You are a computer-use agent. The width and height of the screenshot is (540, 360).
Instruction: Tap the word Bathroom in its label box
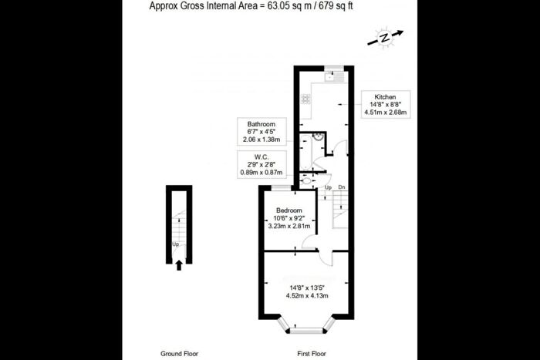[x=261, y=123]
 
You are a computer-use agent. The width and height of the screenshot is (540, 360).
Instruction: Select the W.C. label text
[x=262, y=156]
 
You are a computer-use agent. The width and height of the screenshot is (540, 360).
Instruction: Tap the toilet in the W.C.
[x=305, y=182]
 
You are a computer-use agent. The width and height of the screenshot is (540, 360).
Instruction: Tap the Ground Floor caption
[x=179, y=353]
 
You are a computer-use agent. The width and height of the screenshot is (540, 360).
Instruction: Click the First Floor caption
[x=315, y=353]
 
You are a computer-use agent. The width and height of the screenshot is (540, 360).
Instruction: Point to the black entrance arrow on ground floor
[x=180, y=266]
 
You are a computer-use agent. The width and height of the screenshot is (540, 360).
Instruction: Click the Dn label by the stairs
[x=341, y=187]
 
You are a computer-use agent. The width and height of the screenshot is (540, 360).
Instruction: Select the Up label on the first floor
[x=328, y=187]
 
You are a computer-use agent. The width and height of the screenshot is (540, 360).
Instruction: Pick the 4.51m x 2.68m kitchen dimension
[x=386, y=113]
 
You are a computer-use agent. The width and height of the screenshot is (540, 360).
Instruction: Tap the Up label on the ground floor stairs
[x=176, y=245]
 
